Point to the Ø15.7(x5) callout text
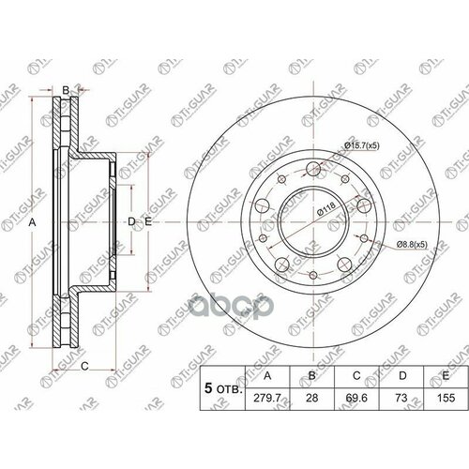[x=362, y=145]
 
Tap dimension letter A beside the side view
[x=32, y=221]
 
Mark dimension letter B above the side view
[x=65, y=89]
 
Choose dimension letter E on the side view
[x=147, y=221]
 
